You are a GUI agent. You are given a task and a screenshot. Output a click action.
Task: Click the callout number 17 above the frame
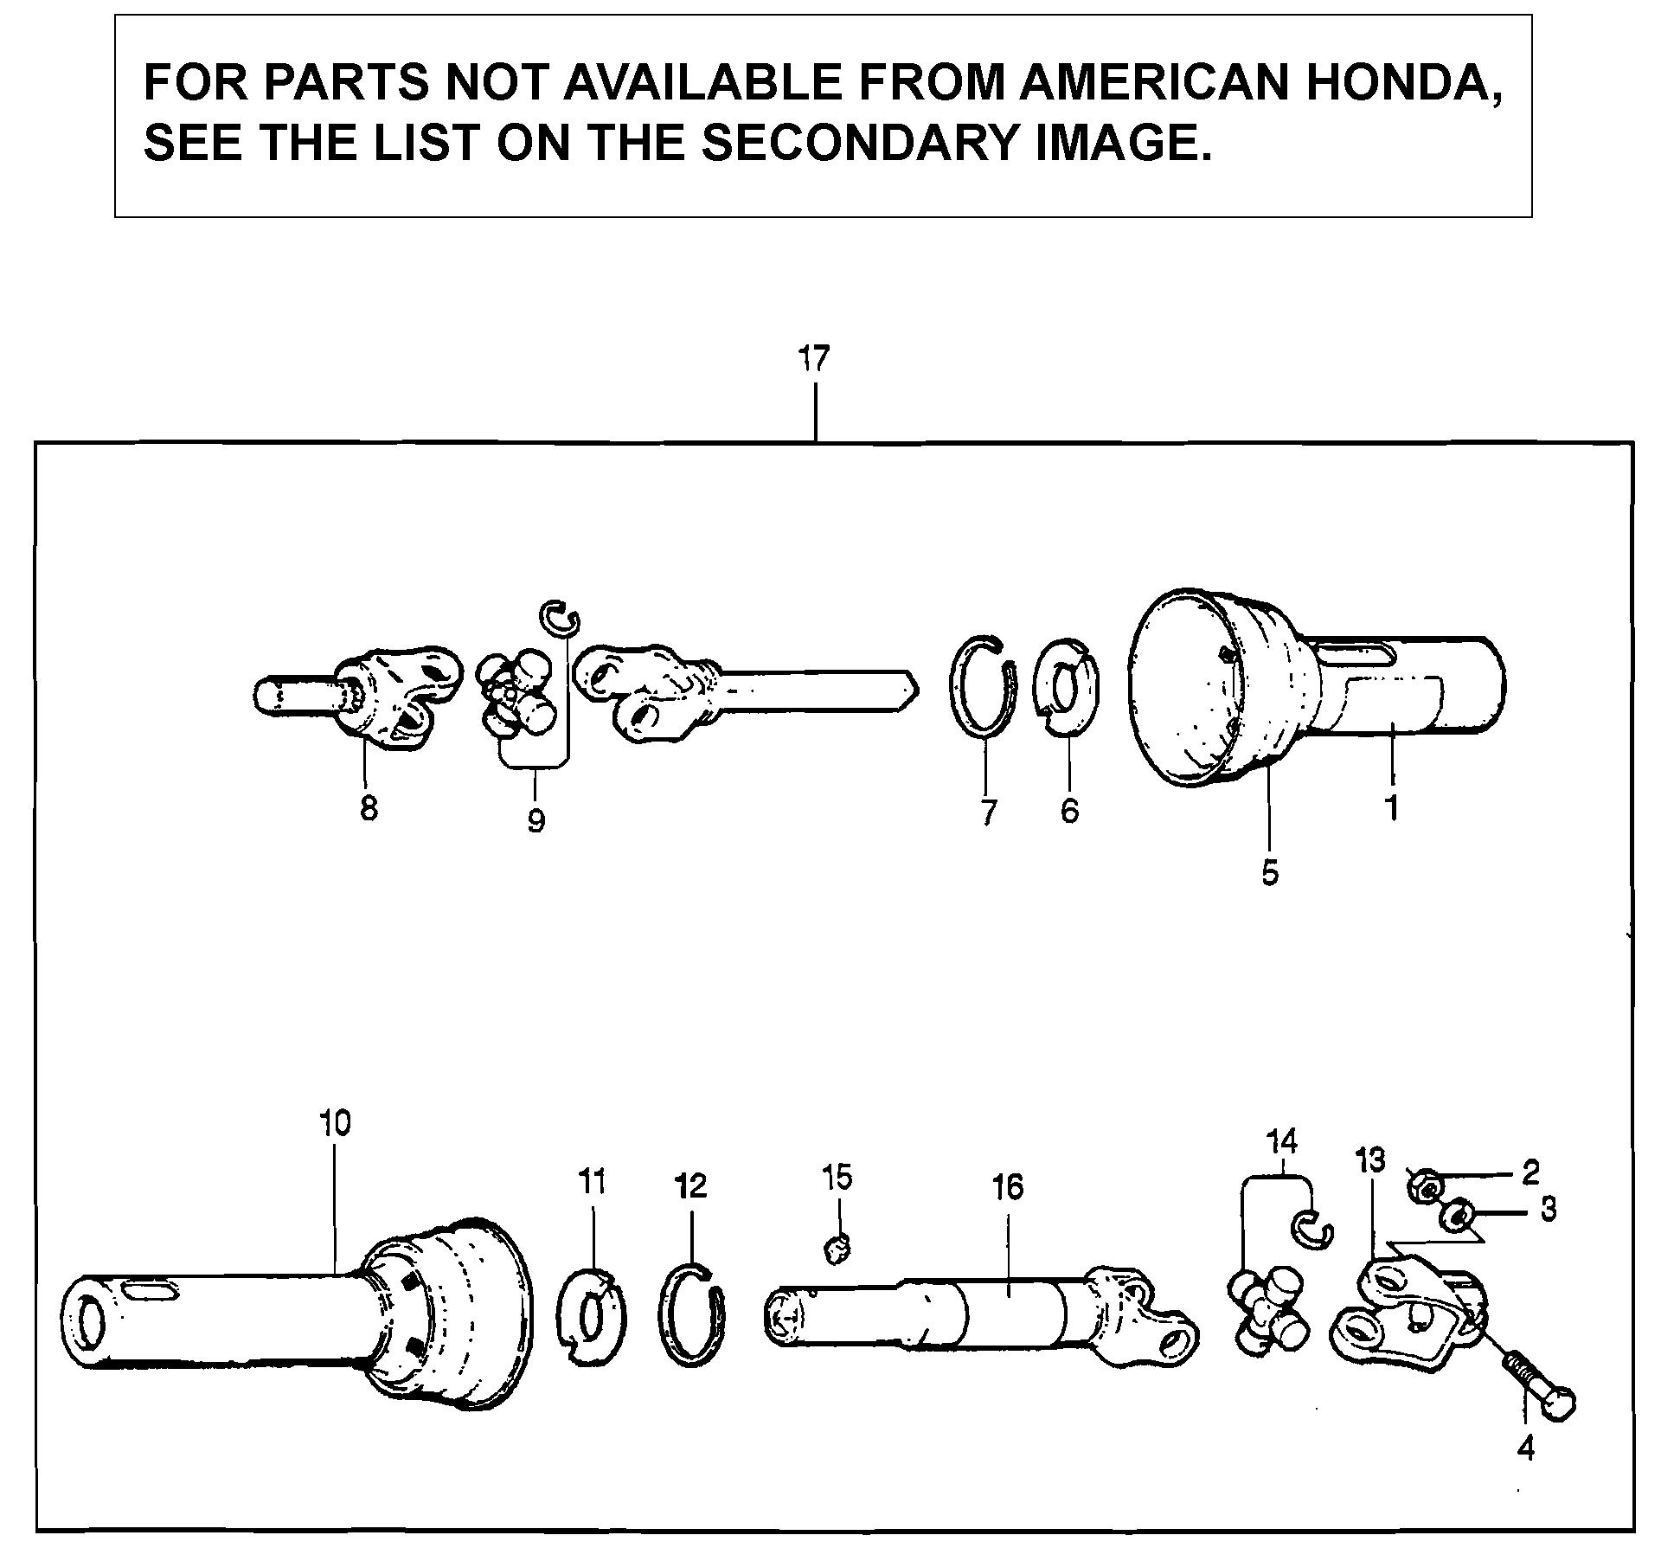813,358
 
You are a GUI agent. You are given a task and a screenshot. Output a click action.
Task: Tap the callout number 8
369,809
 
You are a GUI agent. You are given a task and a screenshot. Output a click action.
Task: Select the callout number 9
535,819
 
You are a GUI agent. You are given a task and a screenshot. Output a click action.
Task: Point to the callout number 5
1269,873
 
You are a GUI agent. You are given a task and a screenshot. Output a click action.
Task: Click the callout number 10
335,1123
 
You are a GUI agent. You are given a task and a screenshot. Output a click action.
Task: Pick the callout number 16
1009,1187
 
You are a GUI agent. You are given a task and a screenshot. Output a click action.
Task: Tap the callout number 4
1526,1448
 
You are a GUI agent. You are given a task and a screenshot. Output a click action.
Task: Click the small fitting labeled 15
837,1249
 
